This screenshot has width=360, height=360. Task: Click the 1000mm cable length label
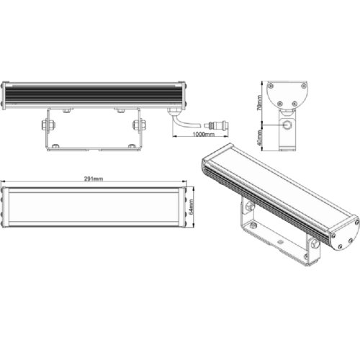(204, 134)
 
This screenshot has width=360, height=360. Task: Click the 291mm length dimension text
(94, 179)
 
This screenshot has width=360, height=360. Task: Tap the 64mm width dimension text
(191, 207)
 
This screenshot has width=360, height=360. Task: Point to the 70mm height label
(259, 103)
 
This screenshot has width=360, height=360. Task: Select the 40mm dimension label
(259, 138)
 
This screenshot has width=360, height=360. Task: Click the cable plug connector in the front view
(216, 125)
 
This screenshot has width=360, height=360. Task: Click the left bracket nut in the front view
(48, 125)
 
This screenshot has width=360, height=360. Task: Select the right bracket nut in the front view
(139, 125)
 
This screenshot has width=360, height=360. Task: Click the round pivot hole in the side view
(287, 125)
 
